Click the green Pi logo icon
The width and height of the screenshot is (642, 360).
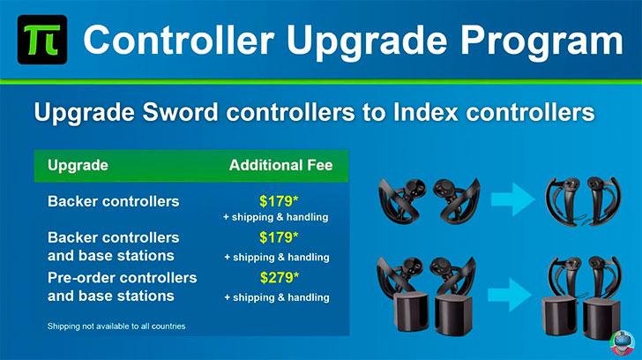42,40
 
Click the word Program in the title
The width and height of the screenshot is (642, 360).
541,41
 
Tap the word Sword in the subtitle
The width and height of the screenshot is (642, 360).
181,112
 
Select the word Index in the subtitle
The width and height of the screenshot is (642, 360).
426,112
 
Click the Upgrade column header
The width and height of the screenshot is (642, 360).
78,166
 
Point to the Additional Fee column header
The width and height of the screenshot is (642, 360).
280,165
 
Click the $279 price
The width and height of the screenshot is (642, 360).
280,278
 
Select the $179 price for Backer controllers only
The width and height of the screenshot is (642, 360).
279,201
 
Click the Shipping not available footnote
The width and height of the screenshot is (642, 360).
116,326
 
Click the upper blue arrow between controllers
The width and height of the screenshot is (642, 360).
512,199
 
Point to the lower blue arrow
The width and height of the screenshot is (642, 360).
510,295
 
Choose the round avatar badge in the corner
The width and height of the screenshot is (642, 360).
623,343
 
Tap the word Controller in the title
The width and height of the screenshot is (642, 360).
179,40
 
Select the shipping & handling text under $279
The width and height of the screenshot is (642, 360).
277,297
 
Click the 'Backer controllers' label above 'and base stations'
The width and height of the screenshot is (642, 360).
114,237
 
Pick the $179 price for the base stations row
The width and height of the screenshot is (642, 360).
279,237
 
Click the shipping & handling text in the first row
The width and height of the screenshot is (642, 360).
275,217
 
